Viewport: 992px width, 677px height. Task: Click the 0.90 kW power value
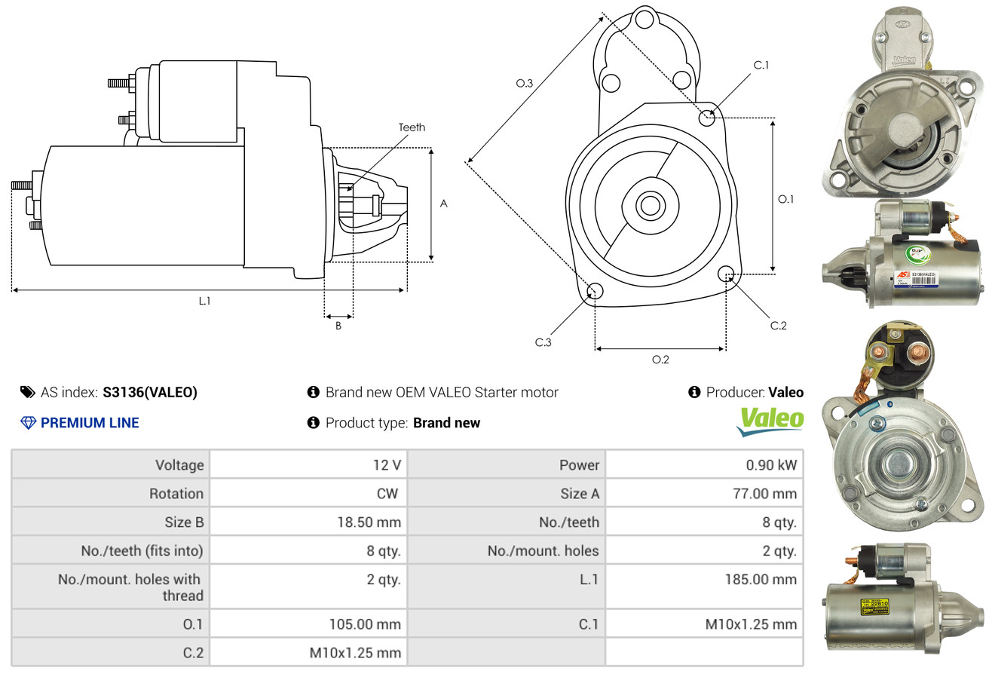pyautogui.click(x=771, y=465)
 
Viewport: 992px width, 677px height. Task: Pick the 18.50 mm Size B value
pyautogui.click(x=369, y=522)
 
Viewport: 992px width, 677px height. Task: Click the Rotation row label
pyautogui.click(x=176, y=494)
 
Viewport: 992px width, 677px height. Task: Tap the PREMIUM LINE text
pyautogui.click(x=90, y=423)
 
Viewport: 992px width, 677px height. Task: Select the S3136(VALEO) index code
pyautogui.click(x=150, y=392)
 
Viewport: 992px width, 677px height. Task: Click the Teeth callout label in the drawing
pyautogui.click(x=412, y=127)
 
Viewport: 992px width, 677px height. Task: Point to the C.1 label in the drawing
pyautogui.click(x=761, y=65)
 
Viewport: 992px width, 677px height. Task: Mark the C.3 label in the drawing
pyautogui.click(x=543, y=342)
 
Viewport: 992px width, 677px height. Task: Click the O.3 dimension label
pyautogui.click(x=524, y=84)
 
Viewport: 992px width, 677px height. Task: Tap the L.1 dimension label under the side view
pyautogui.click(x=204, y=300)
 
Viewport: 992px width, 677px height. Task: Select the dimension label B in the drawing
pyautogui.click(x=338, y=326)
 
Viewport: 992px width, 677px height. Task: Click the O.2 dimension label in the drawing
pyautogui.click(x=660, y=360)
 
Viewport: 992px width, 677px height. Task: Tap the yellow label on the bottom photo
pyautogui.click(x=876, y=608)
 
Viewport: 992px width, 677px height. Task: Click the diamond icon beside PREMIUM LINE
pyautogui.click(x=28, y=423)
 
